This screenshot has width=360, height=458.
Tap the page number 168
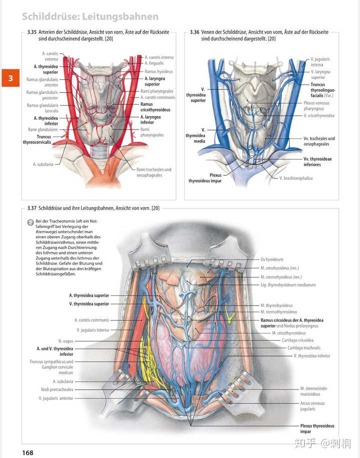[27, 452]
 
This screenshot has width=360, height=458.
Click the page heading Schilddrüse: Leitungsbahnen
[90, 17]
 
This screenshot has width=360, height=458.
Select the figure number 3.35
[32, 32]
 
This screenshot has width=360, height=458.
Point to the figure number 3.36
[195, 32]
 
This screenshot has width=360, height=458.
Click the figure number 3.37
[32, 208]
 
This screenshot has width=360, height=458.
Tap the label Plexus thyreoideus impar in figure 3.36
[205, 178]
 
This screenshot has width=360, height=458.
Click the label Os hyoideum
[272, 259]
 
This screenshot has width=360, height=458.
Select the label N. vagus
[65, 341]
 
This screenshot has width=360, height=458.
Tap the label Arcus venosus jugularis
[312, 405]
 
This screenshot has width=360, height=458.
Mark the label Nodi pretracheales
[57, 389]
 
